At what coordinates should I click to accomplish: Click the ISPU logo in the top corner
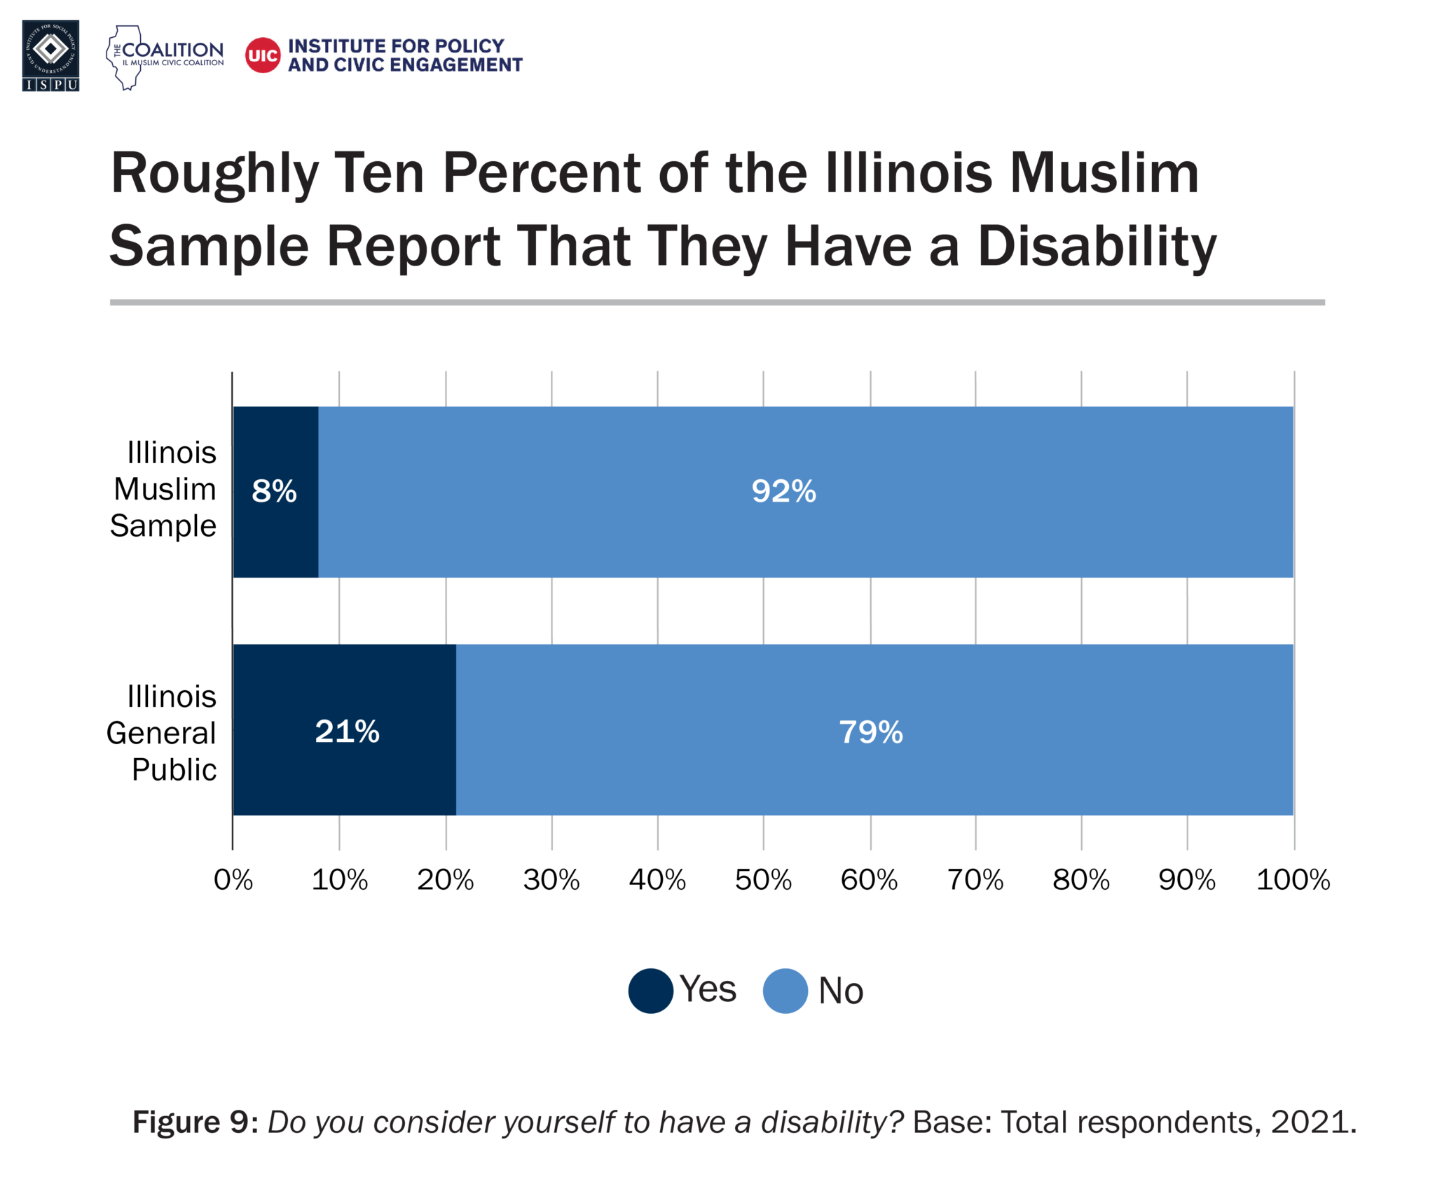click(x=50, y=55)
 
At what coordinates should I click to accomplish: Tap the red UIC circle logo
click(x=263, y=55)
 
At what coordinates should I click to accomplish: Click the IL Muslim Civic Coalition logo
click(x=165, y=57)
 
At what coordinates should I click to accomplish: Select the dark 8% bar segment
click(x=275, y=491)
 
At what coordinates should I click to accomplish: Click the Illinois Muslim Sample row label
click(x=164, y=489)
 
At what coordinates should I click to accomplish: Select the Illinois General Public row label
click(x=162, y=733)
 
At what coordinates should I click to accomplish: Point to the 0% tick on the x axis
click(x=233, y=880)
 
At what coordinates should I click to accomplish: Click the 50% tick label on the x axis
click(x=763, y=880)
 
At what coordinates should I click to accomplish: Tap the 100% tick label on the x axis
click(x=1292, y=880)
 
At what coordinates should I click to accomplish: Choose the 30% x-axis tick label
click(x=551, y=880)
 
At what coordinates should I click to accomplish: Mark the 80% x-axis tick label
click(x=1080, y=880)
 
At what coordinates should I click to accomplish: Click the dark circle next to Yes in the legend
click(x=651, y=991)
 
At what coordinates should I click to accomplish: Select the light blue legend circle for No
click(x=785, y=991)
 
